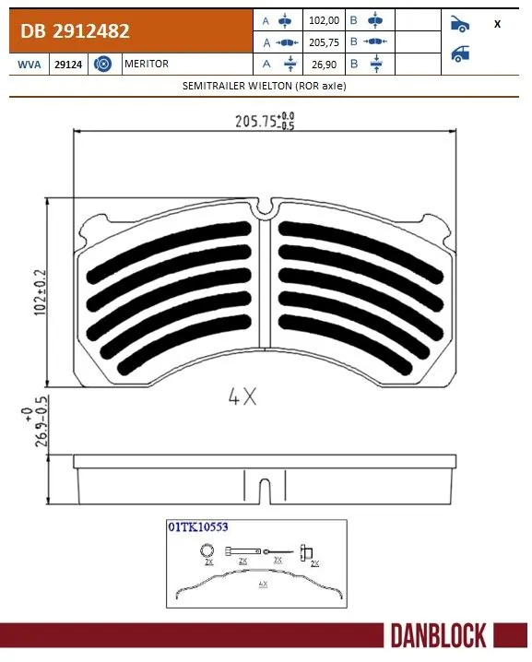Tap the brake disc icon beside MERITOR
pyautogui.click(x=103, y=65)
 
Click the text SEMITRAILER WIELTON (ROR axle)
pyautogui.click(x=266, y=85)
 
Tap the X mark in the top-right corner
pyautogui.click(x=497, y=24)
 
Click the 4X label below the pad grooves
pyautogui.click(x=242, y=398)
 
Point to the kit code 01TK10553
pyautogui.click(x=197, y=527)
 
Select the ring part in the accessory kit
pyautogui.click(x=207, y=551)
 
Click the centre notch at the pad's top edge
pyautogui.click(x=266, y=210)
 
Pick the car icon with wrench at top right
pyautogui.click(x=458, y=23)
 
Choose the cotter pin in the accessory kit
pyautogui.click(x=278, y=552)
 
